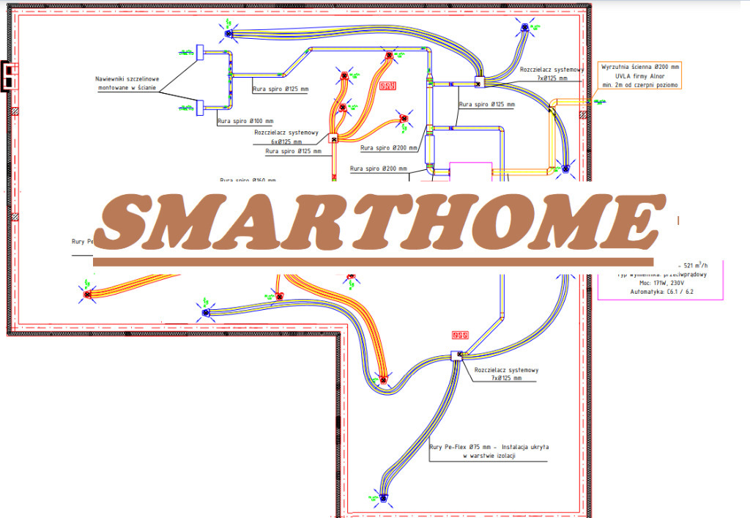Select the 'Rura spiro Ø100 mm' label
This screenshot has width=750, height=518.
click(245, 120)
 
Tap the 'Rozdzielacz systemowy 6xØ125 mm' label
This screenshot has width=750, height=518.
click(286, 137)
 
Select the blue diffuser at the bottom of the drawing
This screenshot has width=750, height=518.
click(383, 497)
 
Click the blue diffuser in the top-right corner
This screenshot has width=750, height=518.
click(524, 29)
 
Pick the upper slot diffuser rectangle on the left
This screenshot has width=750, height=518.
click(200, 53)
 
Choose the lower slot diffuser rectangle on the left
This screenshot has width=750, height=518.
click(200, 108)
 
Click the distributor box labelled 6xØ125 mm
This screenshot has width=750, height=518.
click(333, 138)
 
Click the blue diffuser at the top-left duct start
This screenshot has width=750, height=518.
click(228, 33)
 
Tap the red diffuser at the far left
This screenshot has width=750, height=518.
click(87, 295)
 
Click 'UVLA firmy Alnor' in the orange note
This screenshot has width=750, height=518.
click(640, 75)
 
